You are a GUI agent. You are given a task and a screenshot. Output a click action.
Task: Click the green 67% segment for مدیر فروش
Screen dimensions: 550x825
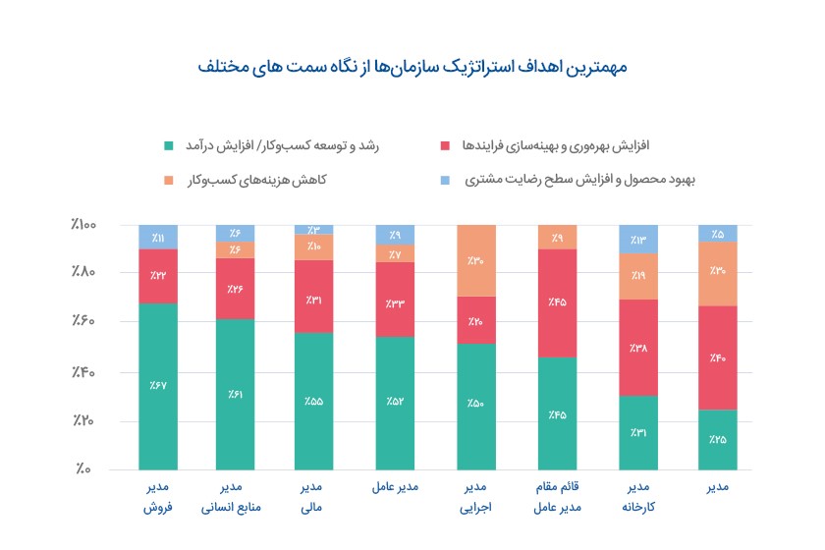158,386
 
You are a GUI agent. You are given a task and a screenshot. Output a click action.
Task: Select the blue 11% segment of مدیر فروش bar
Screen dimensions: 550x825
158,237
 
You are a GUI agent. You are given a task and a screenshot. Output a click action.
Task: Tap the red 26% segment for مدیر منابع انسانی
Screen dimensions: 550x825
236,289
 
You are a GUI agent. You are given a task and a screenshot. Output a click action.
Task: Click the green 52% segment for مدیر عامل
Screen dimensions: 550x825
395,403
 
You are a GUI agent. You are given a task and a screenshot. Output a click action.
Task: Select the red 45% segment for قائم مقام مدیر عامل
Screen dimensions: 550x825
557,302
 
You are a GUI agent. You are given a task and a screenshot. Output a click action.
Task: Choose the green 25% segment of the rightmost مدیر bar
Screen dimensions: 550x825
718,439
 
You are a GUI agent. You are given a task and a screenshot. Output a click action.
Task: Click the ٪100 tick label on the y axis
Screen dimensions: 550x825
83,225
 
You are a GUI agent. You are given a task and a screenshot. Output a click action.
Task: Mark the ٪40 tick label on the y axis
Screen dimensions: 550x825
83,372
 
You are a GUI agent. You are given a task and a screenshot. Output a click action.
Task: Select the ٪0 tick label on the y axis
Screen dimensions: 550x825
83,469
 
